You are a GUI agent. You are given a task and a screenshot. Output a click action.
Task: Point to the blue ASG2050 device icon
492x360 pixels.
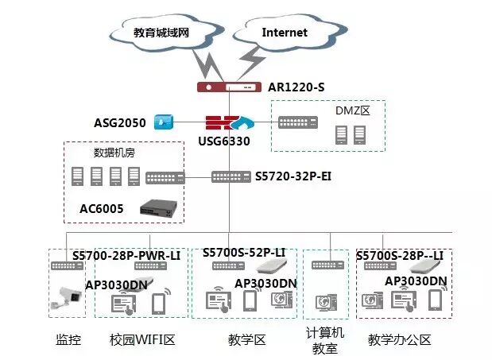[x=163, y=122]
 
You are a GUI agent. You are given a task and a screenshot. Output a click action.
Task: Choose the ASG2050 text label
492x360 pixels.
[x=120, y=122]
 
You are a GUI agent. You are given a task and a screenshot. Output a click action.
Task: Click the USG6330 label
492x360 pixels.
[x=224, y=141]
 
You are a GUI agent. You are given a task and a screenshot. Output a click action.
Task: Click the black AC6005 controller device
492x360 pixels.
[x=159, y=208]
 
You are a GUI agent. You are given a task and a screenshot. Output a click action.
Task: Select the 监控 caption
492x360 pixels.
[x=68, y=339]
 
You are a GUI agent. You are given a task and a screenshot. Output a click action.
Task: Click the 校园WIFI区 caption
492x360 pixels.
[x=142, y=339]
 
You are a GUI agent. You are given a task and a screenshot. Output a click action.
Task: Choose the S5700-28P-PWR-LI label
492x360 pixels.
[x=126, y=255]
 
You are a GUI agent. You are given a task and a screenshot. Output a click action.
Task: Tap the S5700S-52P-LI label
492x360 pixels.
[x=244, y=253]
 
